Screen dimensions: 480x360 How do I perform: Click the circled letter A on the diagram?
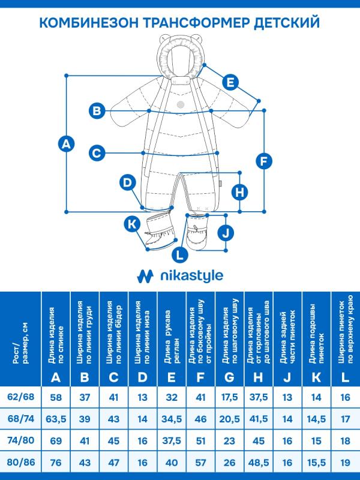click(67, 143)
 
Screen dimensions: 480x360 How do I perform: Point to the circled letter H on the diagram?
click(239, 192)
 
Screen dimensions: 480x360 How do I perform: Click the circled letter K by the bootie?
click(131, 224)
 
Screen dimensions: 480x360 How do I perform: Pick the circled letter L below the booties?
click(179, 254)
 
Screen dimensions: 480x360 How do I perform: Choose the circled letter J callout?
click(224, 232)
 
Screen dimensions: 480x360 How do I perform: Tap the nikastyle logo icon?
click(145, 275)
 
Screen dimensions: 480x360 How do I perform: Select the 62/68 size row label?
click(20, 397)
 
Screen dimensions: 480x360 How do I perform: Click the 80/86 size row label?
click(20, 462)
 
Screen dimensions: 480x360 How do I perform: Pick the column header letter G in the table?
click(229, 377)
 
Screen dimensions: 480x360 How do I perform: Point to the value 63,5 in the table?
click(56, 419)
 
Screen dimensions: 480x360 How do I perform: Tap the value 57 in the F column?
click(200, 462)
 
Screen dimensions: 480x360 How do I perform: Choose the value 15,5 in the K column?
click(316, 462)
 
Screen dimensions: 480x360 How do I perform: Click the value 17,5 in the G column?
click(229, 397)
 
